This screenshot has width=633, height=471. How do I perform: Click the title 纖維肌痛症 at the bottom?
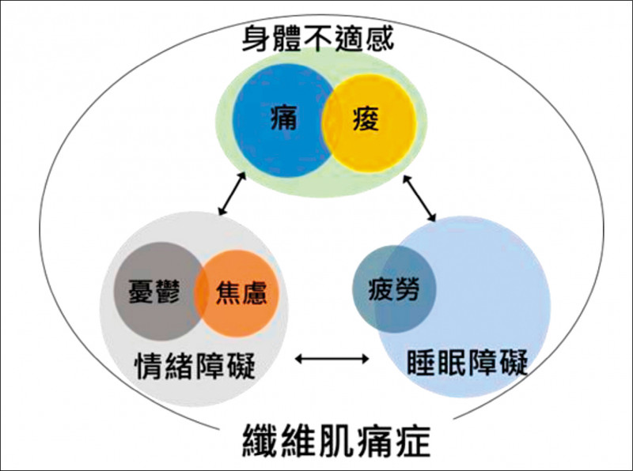pos(335,440)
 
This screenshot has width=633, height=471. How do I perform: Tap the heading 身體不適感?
pos(318,39)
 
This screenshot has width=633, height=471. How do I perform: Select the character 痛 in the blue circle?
pos(284,117)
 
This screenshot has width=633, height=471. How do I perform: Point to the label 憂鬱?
pos(154,291)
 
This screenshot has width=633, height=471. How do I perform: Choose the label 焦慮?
pos(241,292)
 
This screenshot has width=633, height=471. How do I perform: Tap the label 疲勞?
pos(393,289)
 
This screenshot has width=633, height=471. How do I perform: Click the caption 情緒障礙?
pos(195,365)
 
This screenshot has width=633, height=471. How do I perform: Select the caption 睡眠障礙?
pos(467,362)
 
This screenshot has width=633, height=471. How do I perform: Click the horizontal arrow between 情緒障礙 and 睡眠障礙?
pos(332,359)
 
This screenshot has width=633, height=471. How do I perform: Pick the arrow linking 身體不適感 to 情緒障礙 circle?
pos(232,194)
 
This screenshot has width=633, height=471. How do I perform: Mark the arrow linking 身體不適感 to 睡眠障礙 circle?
pos(419,198)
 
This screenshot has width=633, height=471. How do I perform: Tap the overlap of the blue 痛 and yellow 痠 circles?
pos(328,120)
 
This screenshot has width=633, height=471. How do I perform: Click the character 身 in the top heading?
pos(256,39)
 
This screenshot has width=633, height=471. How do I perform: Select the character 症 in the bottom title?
pos(414,440)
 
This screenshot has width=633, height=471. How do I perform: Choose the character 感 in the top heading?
pos(380,39)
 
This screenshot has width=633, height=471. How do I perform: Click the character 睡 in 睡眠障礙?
pos(422,362)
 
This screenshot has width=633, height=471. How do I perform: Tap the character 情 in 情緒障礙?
pos(150,365)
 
